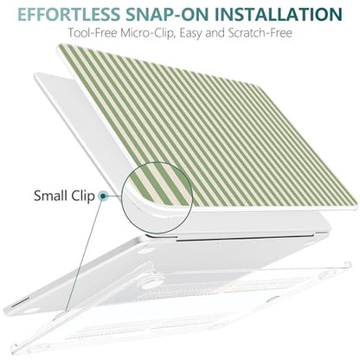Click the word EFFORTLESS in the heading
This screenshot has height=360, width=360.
click(68, 14)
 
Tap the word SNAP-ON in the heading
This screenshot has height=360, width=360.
click(166, 14)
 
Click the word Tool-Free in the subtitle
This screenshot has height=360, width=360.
click(93, 33)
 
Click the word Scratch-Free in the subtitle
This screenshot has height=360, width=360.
click(260, 33)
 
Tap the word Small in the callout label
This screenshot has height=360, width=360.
click(51, 196)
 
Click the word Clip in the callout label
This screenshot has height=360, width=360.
click(83, 196)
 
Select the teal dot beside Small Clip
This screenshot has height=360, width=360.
click(102, 196)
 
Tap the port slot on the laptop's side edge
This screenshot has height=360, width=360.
click(19, 303)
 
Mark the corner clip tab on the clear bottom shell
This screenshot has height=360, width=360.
click(348, 264)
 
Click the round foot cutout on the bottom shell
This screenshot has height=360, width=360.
click(151, 284)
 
